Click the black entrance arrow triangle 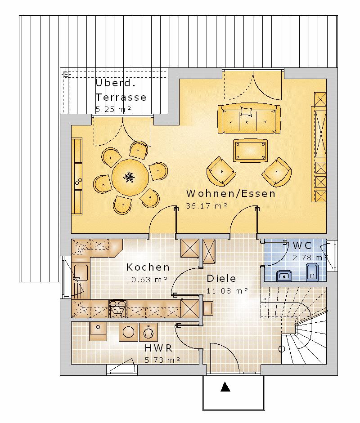225,387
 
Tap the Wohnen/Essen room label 231,193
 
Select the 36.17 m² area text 207,206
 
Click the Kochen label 148,267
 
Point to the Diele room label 221,278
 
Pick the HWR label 158,348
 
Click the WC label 302,245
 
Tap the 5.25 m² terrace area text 113,109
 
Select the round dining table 130,177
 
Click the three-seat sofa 249,118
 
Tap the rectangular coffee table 250,151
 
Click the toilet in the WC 312,272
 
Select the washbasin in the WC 284,276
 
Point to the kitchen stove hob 117,308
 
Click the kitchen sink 81,272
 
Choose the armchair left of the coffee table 221,172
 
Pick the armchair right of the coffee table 277,172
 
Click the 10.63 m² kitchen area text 147,280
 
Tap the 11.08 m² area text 227,291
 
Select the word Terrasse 121,97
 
